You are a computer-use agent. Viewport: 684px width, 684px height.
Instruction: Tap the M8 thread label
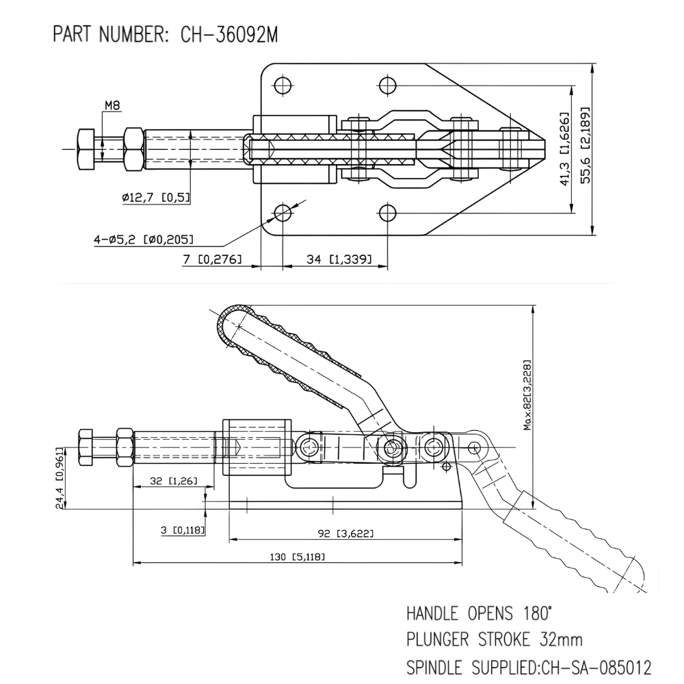(112, 105)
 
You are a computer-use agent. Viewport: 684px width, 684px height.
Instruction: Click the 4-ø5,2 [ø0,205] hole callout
(144, 239)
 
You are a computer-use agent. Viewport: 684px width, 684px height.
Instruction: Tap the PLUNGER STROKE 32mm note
(495, 640)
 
